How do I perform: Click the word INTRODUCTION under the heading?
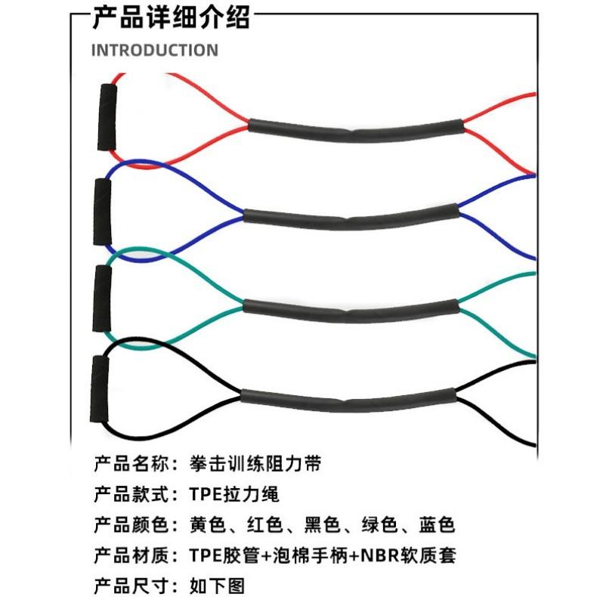[155, 51]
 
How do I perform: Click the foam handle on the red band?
[107, 116]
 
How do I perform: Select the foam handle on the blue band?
[103, 212]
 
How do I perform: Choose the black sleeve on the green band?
[351, 308]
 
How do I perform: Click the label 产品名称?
[125, 462]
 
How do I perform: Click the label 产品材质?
[125, 556]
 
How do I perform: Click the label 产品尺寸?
[125, 586]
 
